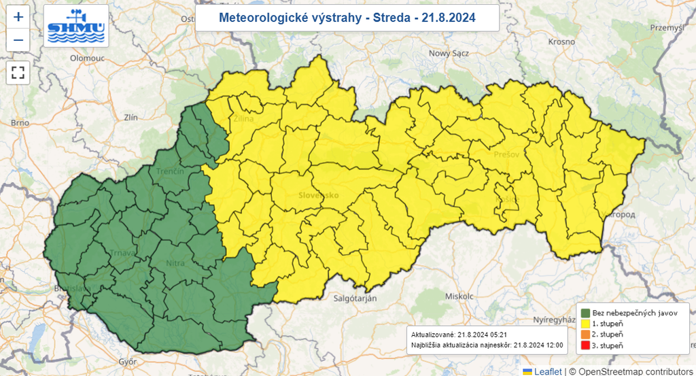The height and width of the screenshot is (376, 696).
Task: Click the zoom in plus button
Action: pyautogui.click(x=18, y=17)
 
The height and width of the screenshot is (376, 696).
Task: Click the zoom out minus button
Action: pyautogui.click(x=18, y=40)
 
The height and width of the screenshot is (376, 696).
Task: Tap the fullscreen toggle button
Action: pyautogui.click(x=18, y=73)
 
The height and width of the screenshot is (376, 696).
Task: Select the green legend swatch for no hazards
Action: pyautogui.click(x=585, y=312)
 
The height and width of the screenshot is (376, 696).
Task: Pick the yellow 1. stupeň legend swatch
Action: pyautogui.click(x=585, y=324)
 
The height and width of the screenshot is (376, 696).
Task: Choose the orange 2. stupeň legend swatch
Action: pyautogui.click(x=585, y=335)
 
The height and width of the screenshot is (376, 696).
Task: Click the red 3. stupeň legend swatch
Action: pyautogui.click(x=585, y=347)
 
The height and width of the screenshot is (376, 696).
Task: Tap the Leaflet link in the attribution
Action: pyautogui.click(x=547, y=371)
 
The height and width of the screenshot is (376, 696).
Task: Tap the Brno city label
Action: pyautogui.click(x=20, y=123)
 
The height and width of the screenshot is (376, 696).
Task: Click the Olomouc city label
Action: pyautogui.click(x=86, y=59)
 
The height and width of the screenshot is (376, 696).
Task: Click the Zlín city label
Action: pyautogui.click(x=129, y=117)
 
